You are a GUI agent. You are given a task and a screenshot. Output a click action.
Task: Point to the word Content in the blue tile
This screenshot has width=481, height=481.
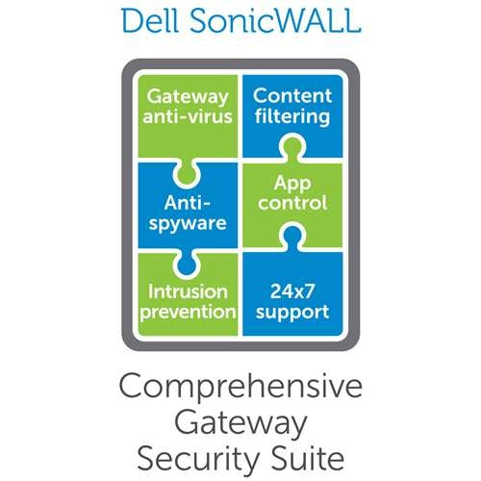pos(291,97)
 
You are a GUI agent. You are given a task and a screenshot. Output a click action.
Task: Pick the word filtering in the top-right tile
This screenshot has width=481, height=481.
pos(291,119)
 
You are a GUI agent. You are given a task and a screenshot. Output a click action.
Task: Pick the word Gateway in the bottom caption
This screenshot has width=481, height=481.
pos(240,421)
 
